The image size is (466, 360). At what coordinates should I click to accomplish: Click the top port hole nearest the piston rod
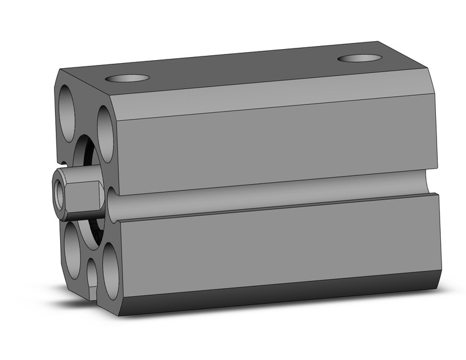tap(127, 78)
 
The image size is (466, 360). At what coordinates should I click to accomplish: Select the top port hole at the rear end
tap(359, 58)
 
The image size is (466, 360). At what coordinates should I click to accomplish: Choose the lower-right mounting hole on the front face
tap(110, 270)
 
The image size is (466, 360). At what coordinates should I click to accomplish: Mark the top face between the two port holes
tap(245, 69)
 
